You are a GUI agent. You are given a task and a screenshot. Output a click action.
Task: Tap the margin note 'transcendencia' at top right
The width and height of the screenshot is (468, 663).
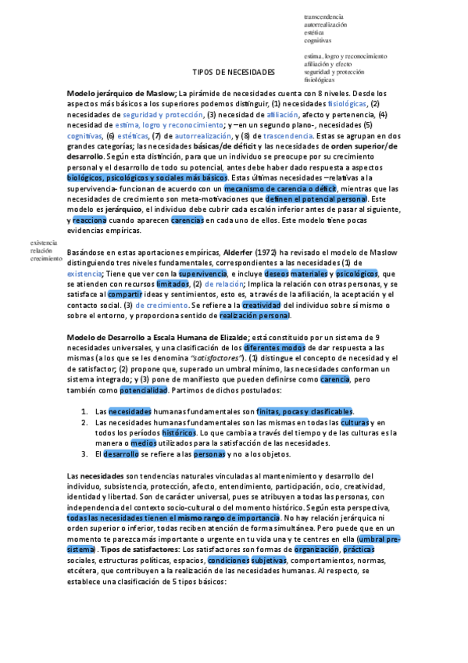click(324, 16)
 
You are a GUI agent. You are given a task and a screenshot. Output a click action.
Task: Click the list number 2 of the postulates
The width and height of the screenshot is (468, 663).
click(84, 422)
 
